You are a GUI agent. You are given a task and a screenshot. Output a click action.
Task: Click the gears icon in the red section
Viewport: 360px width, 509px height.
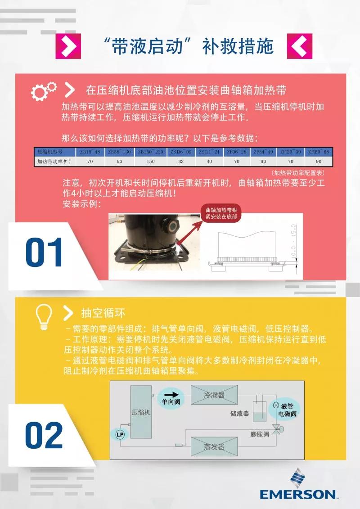(x=44, y=90)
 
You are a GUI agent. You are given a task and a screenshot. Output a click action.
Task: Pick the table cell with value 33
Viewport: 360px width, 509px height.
(x=181, y=161)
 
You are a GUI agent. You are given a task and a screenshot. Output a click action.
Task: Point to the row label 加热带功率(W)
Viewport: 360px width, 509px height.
(x=54, y=161)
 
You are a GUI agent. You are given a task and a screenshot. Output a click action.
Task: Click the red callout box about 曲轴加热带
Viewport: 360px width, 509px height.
(x=220, y=213)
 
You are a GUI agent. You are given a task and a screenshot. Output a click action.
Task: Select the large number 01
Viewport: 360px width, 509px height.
(x=44, y=253)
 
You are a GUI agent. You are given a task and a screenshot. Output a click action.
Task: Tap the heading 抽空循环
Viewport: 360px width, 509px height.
(x=103, y=313)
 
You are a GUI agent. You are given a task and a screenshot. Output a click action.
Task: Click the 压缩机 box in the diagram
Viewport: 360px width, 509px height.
(x=141, y=412)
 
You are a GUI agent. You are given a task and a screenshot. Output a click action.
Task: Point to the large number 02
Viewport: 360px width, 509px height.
(x=44, y=435)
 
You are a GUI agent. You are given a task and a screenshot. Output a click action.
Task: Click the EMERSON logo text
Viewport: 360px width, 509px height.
(x=297, y=494)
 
